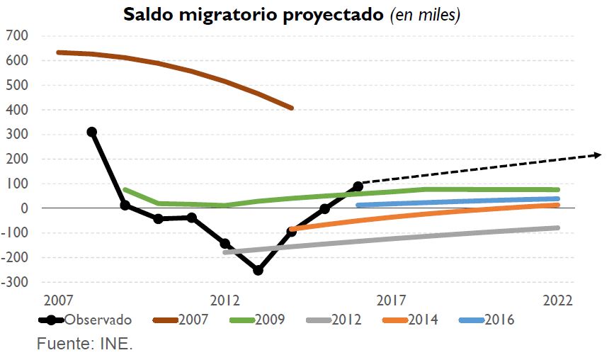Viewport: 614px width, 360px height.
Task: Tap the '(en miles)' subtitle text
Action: click(425, 16)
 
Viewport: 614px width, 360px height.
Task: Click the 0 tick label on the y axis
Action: click(24, 208)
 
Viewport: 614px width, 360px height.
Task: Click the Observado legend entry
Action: click(98, 320)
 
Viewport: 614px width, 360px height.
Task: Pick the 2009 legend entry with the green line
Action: click(271, 320)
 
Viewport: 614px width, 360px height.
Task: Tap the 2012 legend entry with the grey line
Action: click(347, 320)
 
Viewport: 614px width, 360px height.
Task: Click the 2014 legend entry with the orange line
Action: click(423, 320)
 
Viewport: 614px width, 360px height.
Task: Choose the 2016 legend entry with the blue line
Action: click(500, 320)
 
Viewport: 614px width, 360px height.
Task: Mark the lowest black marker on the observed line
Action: click(258, 270)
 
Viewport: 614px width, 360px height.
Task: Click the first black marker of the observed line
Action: click(91, 132)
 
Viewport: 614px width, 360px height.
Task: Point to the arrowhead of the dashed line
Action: click(598, 154)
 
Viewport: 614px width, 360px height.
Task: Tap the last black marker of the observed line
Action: click(358, 186)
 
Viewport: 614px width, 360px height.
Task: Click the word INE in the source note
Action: click(119, 345)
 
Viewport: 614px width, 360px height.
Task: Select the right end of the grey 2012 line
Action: click(558, 227)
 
